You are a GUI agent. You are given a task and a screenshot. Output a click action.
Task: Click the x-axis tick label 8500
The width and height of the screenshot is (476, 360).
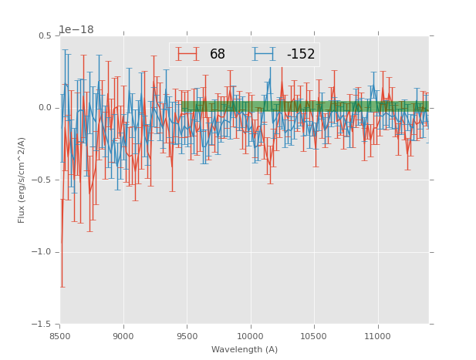(60, 336)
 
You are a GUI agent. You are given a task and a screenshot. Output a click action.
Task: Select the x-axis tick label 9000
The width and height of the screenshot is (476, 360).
(123, 336)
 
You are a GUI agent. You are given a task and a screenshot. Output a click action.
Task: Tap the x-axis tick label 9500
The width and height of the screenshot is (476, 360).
(187, 336)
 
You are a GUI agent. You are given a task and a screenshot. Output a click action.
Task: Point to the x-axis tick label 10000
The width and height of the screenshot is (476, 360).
(250, 336)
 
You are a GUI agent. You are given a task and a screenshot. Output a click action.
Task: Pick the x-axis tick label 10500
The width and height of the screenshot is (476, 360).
(313, 336)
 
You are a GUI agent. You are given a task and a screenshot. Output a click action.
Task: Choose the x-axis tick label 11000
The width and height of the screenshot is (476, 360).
(377, 336)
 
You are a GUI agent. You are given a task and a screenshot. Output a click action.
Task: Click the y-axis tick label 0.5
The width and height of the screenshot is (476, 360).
(45, 35)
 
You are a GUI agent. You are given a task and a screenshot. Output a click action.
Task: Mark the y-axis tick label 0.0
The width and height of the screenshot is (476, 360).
(45, 108)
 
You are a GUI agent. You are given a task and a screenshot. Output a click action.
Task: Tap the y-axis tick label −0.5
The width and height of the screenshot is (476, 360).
(42, 180)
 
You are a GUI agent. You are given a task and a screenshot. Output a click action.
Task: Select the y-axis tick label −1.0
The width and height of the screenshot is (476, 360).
(42, 252)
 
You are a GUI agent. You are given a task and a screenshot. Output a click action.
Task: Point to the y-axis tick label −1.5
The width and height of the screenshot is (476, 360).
(42, 325)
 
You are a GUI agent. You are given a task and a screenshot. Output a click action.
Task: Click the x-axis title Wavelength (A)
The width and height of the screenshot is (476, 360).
(244, 349)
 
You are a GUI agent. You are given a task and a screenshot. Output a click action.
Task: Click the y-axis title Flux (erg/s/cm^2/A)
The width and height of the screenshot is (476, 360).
(22, 180)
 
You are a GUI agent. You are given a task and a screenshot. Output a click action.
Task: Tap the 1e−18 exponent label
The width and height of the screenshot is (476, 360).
(76, 30)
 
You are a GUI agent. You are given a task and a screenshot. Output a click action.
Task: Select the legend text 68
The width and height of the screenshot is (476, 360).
(218, 55)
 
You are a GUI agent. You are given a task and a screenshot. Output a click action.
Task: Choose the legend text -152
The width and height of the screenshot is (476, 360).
(301, 55)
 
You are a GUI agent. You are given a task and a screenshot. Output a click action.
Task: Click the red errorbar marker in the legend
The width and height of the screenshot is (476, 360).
(187, 54)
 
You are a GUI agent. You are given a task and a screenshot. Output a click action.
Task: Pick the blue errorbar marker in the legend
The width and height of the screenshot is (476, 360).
(264, 54)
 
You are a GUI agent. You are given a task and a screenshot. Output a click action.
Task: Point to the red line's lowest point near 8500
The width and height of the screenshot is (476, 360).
(62, 243)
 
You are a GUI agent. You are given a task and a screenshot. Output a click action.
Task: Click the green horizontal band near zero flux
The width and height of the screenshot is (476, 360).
(309, 106)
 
